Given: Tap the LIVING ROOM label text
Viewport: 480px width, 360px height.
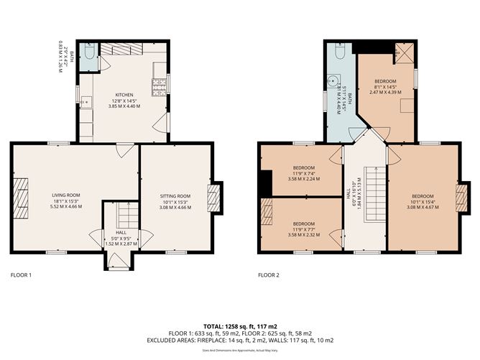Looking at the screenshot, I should coord(65,195).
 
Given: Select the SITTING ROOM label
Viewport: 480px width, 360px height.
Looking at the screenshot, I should coord(175,195).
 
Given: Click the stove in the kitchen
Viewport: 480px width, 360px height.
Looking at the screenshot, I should coord(159,86).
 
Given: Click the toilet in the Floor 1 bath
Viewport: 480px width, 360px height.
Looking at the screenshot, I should coord(87,53).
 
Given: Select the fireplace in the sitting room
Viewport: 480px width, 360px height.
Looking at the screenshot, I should coord(213,196).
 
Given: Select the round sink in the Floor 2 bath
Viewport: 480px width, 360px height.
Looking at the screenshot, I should coord(334,81).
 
